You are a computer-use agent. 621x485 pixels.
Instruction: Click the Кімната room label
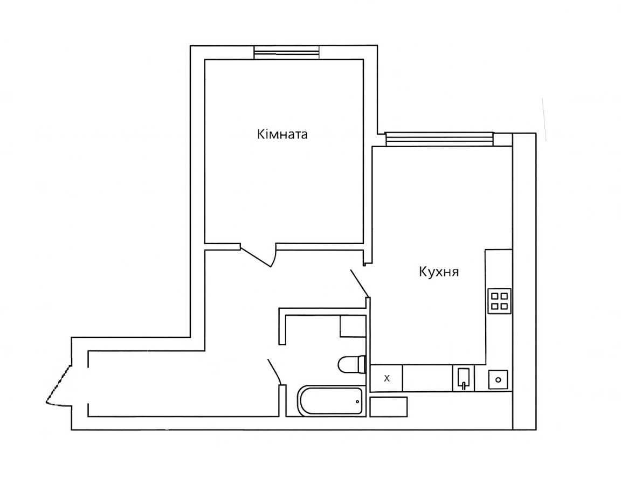(x=282, y=134)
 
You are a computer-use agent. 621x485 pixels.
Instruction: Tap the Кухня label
(x=439, y=272)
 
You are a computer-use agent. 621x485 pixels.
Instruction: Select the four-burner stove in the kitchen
(x=499, y=301)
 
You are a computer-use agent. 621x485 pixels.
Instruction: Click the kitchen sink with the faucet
(x=464, y=378)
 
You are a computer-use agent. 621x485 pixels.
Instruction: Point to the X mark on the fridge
(x=387, y=378)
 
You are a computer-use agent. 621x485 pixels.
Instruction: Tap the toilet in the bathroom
(x=351, y=364)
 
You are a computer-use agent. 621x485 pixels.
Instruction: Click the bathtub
(x=330, y=401)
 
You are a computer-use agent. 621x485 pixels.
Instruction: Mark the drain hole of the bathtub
(x=357, y=401)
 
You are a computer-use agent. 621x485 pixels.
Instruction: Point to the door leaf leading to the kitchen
(x=360, y=283)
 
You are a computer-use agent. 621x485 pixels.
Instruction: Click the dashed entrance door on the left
(x=58, y=385)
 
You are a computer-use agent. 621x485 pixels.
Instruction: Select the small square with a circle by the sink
(x=498, y=380)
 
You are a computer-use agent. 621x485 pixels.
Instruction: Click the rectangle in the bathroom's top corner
(x=353, y=326)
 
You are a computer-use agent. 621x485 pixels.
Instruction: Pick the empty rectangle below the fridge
(x=389, y=407)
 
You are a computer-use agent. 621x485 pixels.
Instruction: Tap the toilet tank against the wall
(x=361, y=364)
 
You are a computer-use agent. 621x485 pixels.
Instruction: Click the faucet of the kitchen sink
(x=464, y=385)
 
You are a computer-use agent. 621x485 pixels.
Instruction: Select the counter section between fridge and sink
(x=427, y=378)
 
